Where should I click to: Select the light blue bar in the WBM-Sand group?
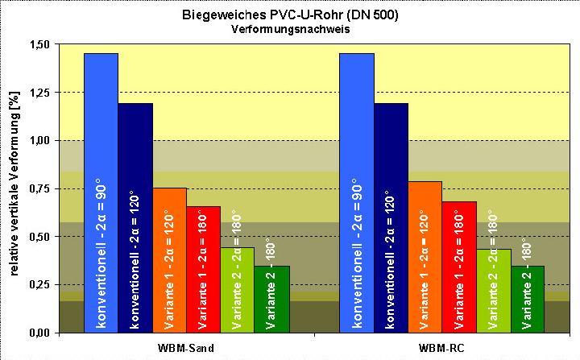pyautogui.click(x=101, y=193)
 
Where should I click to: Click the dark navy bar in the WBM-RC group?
pyautogui.click(x=391, y=217)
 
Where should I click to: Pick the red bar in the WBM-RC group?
pyautogui.click(x=458, y=267)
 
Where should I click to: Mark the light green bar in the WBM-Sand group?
pyautogui.click(x=237, y=290)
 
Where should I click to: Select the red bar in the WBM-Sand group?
pyautogui.click(x=203, y=269)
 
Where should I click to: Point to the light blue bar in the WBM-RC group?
pyautogui.click(x=357, y=193)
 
